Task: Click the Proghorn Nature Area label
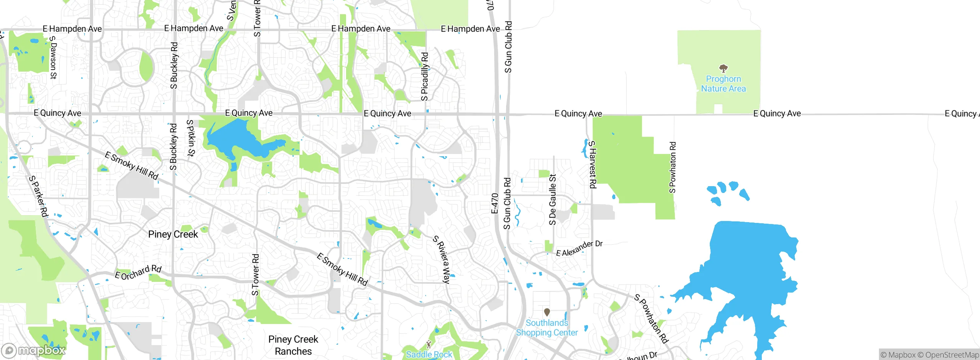pyautogui.click(x=723, y=84)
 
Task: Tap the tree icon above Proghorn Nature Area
pyautogui.click(x=723, y=69)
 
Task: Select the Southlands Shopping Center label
pyautogui.click(x=547, y=328)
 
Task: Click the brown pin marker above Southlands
pyautogui.click(x=547, y=312)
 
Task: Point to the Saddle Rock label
pyautogui.click(x=429, y=355)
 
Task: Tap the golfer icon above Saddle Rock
pyautogui.click(x=429, y=344)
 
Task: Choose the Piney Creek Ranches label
pyautogui.click(x=293, y=345)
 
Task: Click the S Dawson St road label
pyautogui.click(x=53, y=57)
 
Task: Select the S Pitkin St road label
pyautogui.click(x=190, y=138)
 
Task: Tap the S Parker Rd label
pyautogui.click(x=39, y=196)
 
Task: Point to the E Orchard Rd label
pyautogui.click(x=138, y=272)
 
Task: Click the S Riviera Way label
pyautogui.click(x=442, y=259)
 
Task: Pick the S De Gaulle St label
pyautogui.click(x=552, y=200)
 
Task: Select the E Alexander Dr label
pyautogui.click(x=579, y=248)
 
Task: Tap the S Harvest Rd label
pyautogui.click(x=592, y=164)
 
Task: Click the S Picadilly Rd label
pyautogui.click(x=425, y=77)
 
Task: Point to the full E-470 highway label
pyautogui.click(x=495, y=203)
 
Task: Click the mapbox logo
pyautogui.click(x=33, y=350)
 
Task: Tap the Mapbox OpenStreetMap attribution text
pyautogui.click(x=929, y=355)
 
